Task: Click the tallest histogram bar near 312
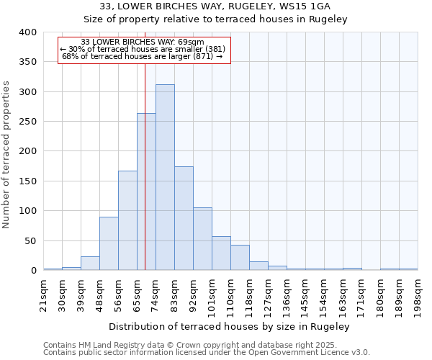click(165, 177)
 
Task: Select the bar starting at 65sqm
click(146, 192)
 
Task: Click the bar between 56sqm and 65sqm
click(127, 220)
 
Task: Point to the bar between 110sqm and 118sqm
click(240, 258)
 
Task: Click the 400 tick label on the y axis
click(27, 32)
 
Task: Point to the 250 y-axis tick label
click(27, 122)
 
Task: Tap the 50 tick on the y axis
click(30, 240)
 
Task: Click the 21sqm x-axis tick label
click(43, 293)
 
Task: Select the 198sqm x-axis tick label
click(418, 293)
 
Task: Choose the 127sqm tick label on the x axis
click(268, 293)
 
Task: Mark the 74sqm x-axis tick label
click(156, 293)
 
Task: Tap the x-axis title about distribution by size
click(230, 326)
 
